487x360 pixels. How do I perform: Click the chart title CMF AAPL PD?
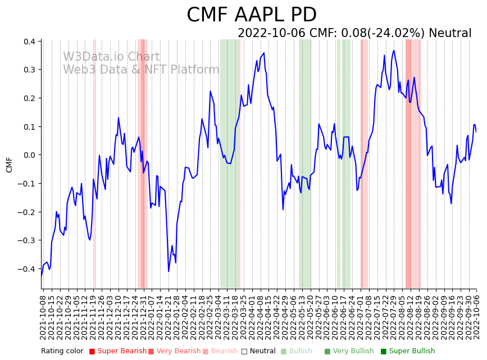251,15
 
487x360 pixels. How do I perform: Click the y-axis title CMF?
9,165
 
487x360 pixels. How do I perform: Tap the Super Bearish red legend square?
92,352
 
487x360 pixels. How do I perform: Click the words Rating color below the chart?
62,352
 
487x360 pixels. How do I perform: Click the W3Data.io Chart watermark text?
111,57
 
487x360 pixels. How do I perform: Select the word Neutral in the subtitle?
450,33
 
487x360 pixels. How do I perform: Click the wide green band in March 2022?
229,163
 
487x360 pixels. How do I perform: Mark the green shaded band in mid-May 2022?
304,163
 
